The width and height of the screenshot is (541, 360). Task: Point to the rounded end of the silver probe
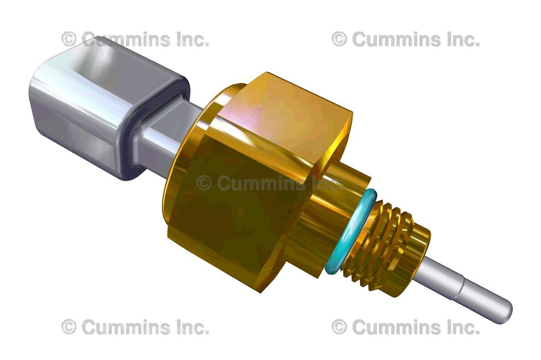click(x=505, y=311)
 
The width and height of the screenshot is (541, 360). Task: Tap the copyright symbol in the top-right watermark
click(x=339, y=39)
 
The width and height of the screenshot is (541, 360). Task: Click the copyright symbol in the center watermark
click(x=204, y=183)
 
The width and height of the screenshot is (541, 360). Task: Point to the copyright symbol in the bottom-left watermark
click(x=69, y=327)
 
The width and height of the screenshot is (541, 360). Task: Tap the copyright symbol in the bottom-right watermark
click(x=339, y=327)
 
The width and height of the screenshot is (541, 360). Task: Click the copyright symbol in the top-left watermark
click(x=69, y=39)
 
